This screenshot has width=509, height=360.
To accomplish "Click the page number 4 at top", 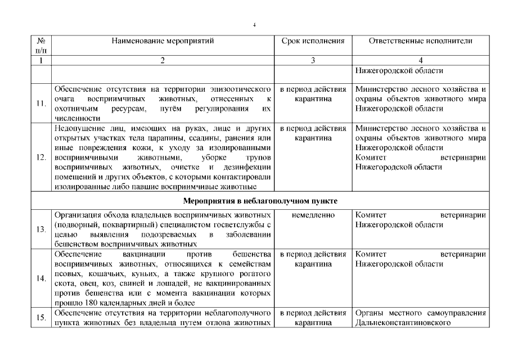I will tap(254, 25).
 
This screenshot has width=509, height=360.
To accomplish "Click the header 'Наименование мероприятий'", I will tap(163, 42).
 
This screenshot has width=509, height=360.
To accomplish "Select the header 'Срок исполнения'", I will tap(313, 42).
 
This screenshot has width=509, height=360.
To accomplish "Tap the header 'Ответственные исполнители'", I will tap(421, 42).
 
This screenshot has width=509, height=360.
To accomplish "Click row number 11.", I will tap(40, 103).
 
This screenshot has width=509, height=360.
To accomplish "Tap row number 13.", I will tap(40, 229).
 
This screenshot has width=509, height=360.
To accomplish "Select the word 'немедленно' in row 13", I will tap(313, 215).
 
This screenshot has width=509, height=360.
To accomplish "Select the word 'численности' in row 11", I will tap(78, 118).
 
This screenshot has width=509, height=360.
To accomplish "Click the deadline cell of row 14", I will tap(313, 259).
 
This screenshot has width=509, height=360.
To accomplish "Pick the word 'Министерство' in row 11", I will tap(382, 89).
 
